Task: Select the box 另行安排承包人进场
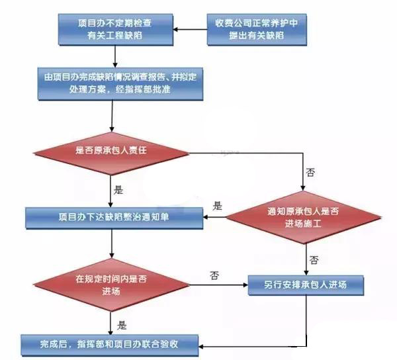(x=306, y=286)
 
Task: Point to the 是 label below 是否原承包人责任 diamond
(x=118, y=189)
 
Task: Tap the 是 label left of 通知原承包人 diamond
(x=218, y=206)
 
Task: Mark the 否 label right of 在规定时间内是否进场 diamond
(x=214, y=274)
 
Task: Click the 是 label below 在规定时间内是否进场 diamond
(x=121, y=325)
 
